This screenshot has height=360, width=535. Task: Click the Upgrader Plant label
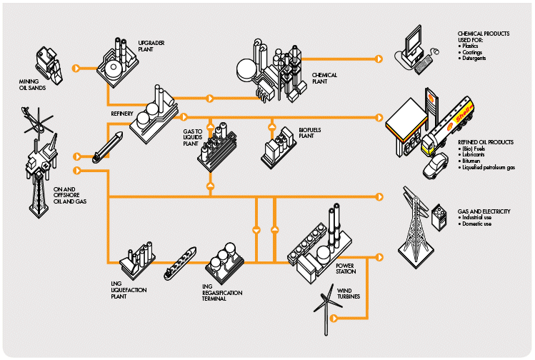click(147, 46)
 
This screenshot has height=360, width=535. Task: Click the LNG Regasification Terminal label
click(221, 292)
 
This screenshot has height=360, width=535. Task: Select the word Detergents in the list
click(475, 58)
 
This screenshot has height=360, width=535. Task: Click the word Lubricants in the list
click(476, 154)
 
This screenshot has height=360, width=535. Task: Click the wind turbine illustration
click(327, 304)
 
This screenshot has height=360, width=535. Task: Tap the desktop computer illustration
click(415, 48)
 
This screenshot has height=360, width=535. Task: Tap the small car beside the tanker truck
click(434, 168)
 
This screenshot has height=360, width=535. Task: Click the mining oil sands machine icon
click(49, 63)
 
